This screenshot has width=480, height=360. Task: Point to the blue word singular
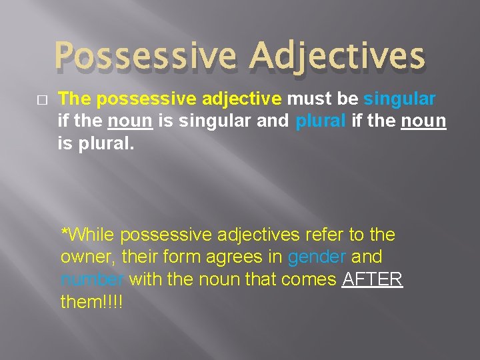coord(399,99)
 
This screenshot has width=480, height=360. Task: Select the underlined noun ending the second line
coord(423,121)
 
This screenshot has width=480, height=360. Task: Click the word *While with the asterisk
coord(89,235)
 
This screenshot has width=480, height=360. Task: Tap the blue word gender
coord(317,257)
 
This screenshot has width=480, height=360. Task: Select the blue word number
coord(91,279)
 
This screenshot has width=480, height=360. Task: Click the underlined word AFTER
coord(372,279)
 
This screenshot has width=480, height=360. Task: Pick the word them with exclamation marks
coord(91,301)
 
